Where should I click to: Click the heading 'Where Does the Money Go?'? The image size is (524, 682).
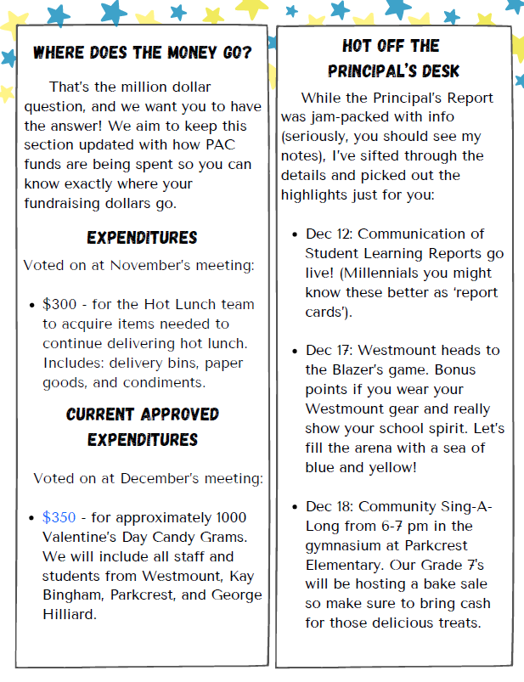pos(142,54)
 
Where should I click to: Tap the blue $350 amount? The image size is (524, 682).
pos(59,517)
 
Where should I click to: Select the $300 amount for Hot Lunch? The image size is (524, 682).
pos(59,304)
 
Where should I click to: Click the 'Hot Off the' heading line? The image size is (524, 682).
pos(391,46)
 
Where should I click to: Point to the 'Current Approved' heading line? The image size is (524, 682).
pos(142,414)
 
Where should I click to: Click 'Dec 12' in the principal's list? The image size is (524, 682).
pos(326,234)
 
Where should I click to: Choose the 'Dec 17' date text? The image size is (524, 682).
pos(326,351)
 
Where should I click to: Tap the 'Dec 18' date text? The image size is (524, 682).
pos(326,507)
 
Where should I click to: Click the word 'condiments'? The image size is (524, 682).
pos(168,382)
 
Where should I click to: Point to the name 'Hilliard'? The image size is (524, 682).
pos(71,614)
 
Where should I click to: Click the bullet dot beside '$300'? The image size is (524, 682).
pos(32,305)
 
